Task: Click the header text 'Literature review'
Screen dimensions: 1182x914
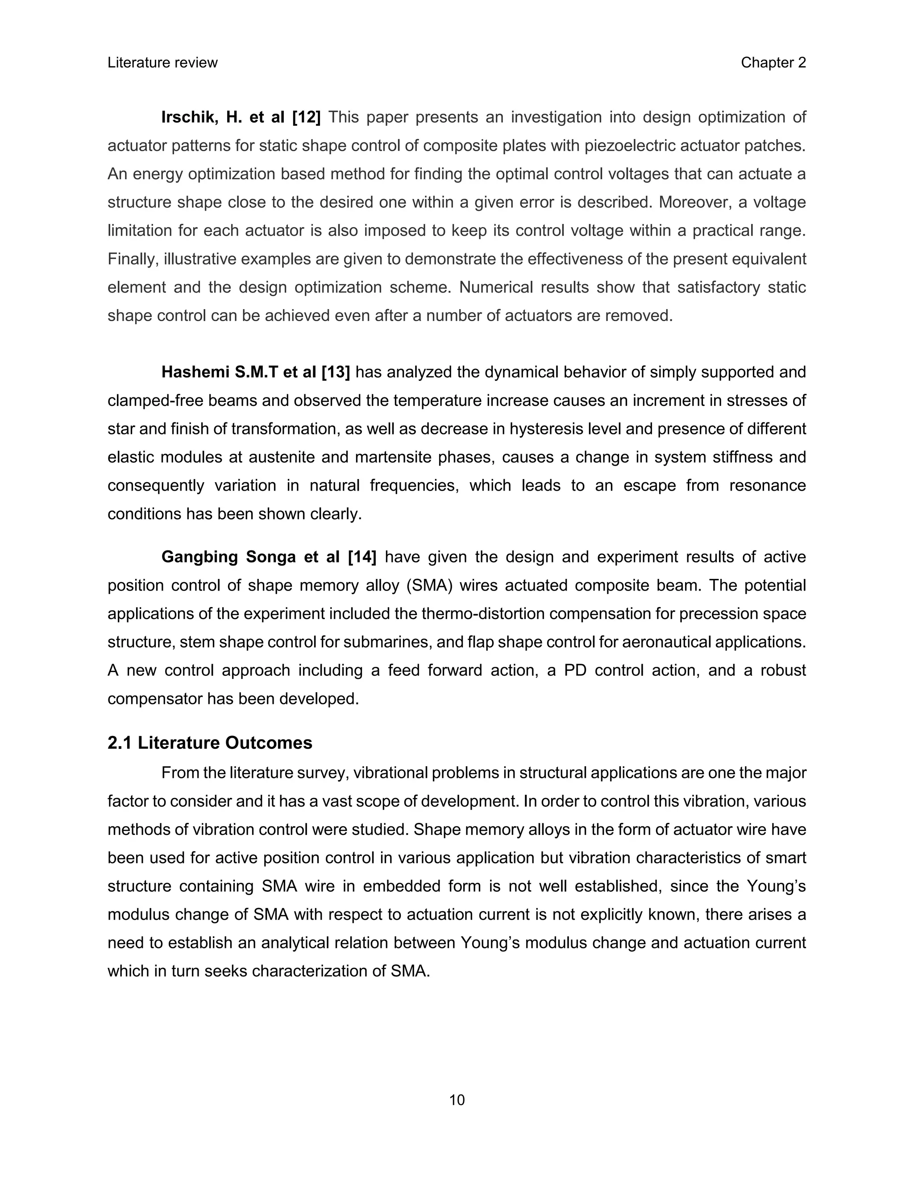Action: coord(162,63)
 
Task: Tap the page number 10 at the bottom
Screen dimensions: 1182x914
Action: coord(457,1100)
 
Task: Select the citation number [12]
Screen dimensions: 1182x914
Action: coord(307,117)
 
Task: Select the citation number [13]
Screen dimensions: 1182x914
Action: coord(336,372)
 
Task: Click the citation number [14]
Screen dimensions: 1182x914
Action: coord(361,557)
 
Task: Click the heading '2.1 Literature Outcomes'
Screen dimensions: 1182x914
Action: coord(210,743)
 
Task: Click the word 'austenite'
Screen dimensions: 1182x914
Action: coord(282,457)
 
